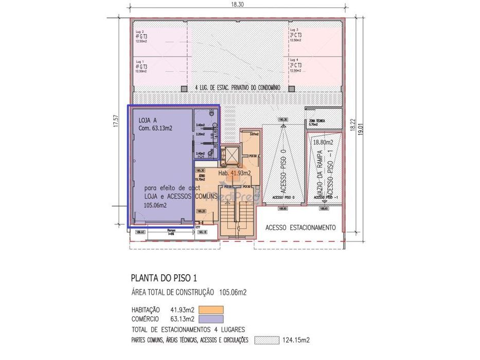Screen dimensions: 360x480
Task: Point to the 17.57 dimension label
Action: point(116,121)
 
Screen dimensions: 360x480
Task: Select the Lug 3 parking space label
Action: point(294,30)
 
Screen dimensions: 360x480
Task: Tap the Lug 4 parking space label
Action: point(294,61)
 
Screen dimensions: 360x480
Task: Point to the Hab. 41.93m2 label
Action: point(235,173)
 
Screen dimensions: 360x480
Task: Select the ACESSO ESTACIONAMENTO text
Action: point(300,227)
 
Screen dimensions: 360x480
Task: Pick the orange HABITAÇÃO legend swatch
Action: point(210,310)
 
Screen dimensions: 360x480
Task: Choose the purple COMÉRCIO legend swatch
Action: point(210,319)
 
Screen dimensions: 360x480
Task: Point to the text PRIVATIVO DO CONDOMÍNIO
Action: point(254,88)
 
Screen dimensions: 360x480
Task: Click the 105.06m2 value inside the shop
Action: point(155,205)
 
